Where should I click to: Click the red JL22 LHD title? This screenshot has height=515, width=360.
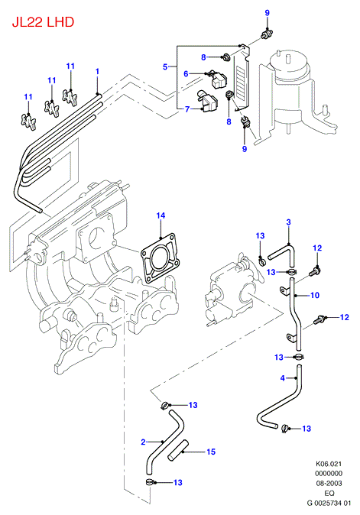pyautogui.click(x=43, y=22)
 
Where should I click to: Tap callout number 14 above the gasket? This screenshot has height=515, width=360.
pyautogui.click(x=161, y=215)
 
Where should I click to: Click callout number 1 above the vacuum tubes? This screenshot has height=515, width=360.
pyautogui.click(x=97, y=71)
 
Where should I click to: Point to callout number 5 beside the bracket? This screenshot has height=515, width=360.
pyautogui.click(x=165, y=67)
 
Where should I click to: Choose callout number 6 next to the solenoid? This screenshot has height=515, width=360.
pyautogui.click(x=186, y=73)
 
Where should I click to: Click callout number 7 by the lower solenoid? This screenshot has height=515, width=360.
pyautogui.click(x=187, y=109)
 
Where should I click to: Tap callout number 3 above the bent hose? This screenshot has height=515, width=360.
pyautogui.click(x=288, y=222)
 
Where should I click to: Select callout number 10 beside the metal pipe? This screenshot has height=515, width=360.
pyautogui.click(x=315, y=295)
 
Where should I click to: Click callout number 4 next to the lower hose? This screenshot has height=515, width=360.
pyautogui.click(x=283, y=378)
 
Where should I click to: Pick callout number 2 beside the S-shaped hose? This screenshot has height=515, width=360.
pyautogui.click(x=143, y=442)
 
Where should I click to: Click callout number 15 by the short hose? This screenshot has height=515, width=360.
pyautogui.click(x=211, y=452)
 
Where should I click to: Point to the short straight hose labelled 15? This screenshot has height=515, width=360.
pyautogui.click(x=177, y=450)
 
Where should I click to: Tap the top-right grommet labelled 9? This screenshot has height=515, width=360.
pyautogui.click(x=267, y=33)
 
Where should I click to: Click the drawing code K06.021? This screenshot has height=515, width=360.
pyautogui.click(x=329, y=464)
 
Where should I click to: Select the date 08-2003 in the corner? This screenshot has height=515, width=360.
pyautogui.click(x=329, y=483)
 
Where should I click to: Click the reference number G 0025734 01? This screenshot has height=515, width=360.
pyautogui.click(x=329, y=503)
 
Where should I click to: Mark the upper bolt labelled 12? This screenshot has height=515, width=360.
pyautogui.click(x=316, y=271)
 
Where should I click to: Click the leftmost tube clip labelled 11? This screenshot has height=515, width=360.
pyautogui.click(x=28, y=121)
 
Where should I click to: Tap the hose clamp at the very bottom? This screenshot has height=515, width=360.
pyautogui.click(x=150, y=482)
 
